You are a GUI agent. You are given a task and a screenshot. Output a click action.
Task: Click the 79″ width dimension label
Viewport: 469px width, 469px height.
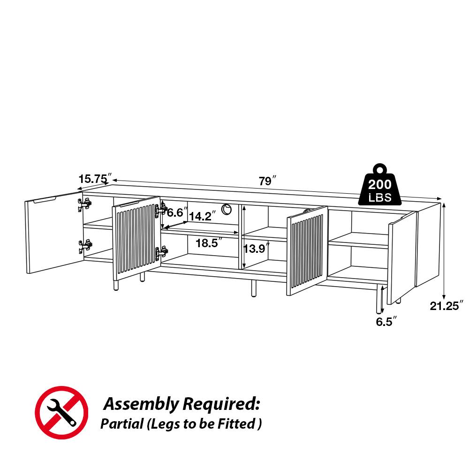(268, 181)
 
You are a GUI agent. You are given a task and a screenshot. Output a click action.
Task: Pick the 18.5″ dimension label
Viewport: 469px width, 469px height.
(209, 243)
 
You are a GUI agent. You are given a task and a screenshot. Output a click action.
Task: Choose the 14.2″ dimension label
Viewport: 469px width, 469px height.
(203, 216)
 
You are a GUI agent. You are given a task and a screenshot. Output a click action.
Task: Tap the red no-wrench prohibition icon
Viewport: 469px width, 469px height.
(61, 412)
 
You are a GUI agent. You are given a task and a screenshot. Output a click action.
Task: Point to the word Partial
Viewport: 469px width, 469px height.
(121, 424)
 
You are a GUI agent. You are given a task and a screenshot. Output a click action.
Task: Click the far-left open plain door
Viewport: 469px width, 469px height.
(53, 233)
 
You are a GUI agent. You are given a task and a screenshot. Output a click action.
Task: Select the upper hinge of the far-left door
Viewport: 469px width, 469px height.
(84, 204)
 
